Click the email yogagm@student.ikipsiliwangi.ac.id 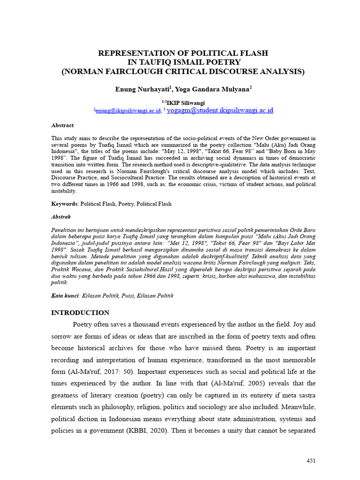pyautogui.click(x=220, y=111)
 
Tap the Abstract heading pyautogui.click(x=62, y=125)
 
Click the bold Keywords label pyautogui.click(x=65, y=204)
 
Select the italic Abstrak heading pyautogui.click(x=61, y=217)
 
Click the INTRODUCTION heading pyautogui.click(x=80, y=313)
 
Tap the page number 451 pyautogui.click(x=311, y=461)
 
